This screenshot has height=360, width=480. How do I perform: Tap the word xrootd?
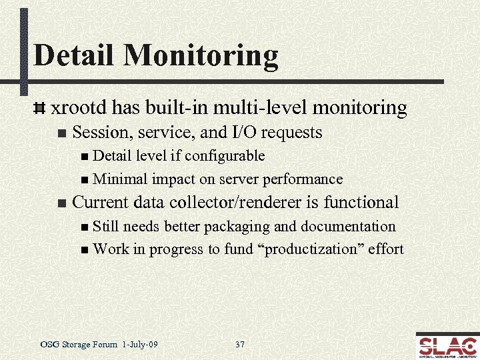79,107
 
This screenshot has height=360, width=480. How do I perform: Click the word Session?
98,133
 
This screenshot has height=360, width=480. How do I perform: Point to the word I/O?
237,133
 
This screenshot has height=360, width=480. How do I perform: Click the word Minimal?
121,179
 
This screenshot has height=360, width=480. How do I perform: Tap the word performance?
303,179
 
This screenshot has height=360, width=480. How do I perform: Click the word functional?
361,202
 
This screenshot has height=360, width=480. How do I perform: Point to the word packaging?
238,227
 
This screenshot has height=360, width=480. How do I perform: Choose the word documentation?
348,226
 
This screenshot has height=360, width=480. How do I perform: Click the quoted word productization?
317,249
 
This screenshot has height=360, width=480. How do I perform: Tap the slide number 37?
240,345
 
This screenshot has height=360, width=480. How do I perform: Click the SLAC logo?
447,345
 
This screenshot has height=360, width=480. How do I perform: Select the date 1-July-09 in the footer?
140,345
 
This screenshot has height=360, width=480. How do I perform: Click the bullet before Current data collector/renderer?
61,203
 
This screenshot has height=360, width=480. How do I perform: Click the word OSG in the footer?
49,345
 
